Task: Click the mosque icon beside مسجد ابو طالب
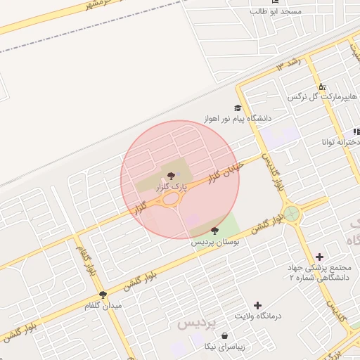click(x=275, y=1)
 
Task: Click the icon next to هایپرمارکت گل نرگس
click(x=321, y=86)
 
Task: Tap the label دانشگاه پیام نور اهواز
click(x=238, y=119)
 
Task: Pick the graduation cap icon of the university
click(x=238, y=108)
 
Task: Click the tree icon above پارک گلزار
click(x=169, y=176)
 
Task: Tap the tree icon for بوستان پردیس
click(x=214, y=231)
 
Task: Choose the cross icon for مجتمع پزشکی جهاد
click(x=320, y=257)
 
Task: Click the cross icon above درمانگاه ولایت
click(x=258, y=305)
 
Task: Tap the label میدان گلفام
click(x=103, y=306)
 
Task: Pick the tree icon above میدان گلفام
click(x=103, y=295)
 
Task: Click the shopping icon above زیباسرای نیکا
click(x=224, y=336)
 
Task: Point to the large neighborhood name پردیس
click(x=192, y=324)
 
